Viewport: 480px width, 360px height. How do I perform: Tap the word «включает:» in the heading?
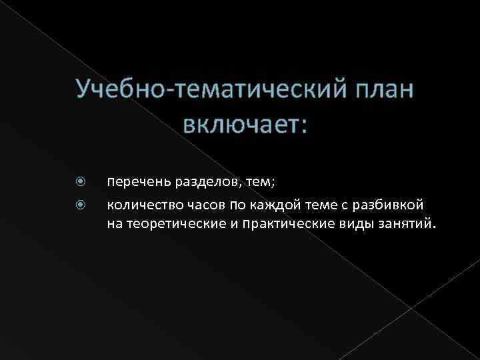245,123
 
